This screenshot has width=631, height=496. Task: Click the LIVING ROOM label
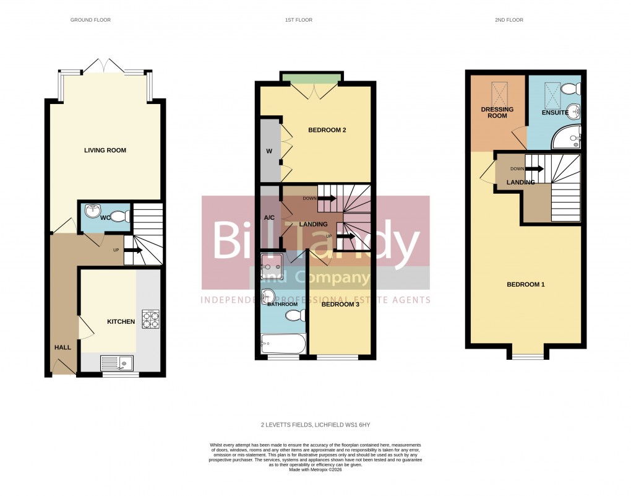105,150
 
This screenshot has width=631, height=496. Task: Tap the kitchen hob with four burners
151,318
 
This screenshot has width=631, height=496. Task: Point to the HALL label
62,347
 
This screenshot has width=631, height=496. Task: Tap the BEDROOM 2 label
327,130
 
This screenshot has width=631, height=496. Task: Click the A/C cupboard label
269,217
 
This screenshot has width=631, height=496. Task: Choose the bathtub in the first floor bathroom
283,342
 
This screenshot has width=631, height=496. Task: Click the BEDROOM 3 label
340,304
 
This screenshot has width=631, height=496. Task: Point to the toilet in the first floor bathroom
294,316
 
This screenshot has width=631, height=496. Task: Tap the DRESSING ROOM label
497,112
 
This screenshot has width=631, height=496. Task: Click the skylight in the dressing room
499,93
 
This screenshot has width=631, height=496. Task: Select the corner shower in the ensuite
566,137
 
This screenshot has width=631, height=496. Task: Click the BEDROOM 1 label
526,284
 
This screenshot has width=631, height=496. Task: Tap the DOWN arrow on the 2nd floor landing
531,169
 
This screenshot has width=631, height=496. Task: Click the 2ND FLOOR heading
509,20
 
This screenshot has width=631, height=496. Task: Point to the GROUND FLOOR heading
90,20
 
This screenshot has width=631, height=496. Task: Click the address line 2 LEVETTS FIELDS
315,425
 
